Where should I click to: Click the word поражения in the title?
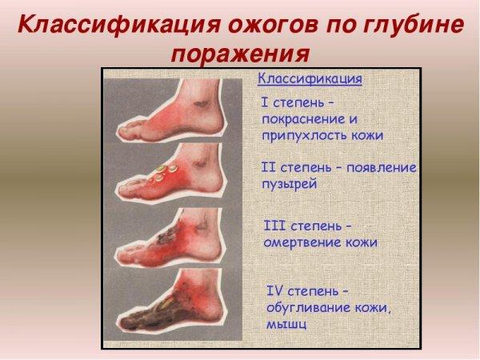click(x=240, y=54)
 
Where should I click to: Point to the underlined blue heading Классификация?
click(x=310, y=80)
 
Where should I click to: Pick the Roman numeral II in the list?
click(x=269, y=168)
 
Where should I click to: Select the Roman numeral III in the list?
click(x=273, y=226)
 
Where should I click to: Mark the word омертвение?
click(x=301, y=242)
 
